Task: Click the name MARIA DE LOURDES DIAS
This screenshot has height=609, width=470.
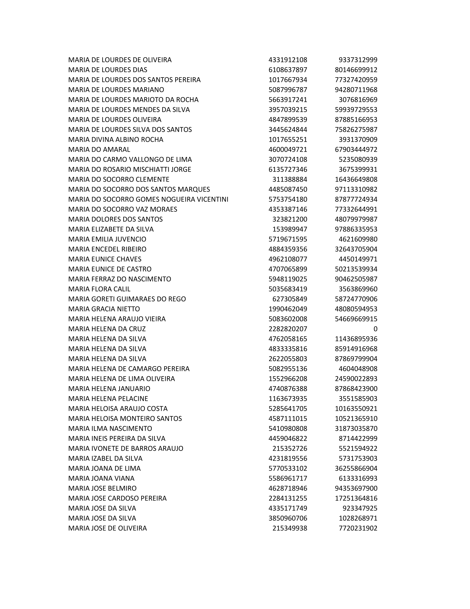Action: tap(108, 70)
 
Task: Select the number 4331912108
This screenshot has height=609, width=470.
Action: tap(288, 60)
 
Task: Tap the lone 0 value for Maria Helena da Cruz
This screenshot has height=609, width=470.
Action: tap(375, 329)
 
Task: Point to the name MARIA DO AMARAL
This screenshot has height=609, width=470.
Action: tap(99, 149)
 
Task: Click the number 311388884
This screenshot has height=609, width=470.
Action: tap(289, 179)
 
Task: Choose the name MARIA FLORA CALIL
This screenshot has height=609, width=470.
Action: tap(99, 289)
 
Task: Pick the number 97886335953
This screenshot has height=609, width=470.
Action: tap(356, 229)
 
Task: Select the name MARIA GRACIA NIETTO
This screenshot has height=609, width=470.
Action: tap(104, 309)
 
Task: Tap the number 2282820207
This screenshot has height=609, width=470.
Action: tap(288, 329)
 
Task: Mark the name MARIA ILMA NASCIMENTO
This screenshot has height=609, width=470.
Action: tap(110, 429)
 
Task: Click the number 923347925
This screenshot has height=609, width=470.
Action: tap(360, 508)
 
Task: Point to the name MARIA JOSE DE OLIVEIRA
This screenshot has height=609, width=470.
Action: tap(108, 528)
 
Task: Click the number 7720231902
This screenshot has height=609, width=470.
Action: tap(358, 528)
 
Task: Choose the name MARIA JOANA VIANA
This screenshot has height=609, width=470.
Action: tap(101, 479)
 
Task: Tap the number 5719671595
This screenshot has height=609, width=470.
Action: tap(288, 239)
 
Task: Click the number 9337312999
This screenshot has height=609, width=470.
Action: tap(358, 60)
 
